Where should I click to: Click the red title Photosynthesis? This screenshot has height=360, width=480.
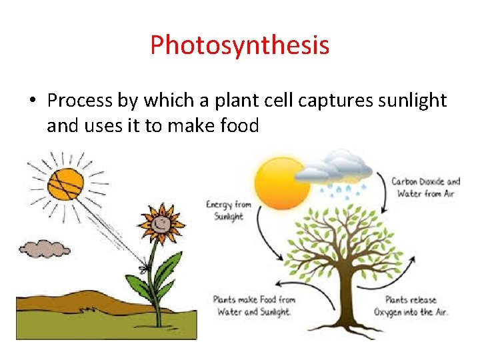tap(240, 45)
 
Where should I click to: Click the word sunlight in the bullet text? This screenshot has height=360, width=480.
tap(413, 101)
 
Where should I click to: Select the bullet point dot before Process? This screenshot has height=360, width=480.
tap(33, 100)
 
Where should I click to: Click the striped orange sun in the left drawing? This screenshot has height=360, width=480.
tap(66, 184)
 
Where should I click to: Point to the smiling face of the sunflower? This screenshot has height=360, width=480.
tap(161, 225)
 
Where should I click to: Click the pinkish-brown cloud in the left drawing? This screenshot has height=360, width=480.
tap(45, 249)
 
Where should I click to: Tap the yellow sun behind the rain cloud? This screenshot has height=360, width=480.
tap(280, 184)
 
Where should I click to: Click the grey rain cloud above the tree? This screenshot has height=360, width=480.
tap(334, 168)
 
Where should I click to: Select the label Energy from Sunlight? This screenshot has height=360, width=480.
tap(229, 210)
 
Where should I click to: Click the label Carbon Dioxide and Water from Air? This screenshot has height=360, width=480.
tap(425, 187)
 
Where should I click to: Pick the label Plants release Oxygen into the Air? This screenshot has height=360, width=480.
tap(411, 306)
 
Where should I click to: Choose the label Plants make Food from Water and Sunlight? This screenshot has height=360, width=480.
tap(254, 305)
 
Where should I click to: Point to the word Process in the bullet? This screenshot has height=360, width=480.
tap(80, 101)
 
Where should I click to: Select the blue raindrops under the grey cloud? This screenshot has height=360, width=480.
tap(343, 191)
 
